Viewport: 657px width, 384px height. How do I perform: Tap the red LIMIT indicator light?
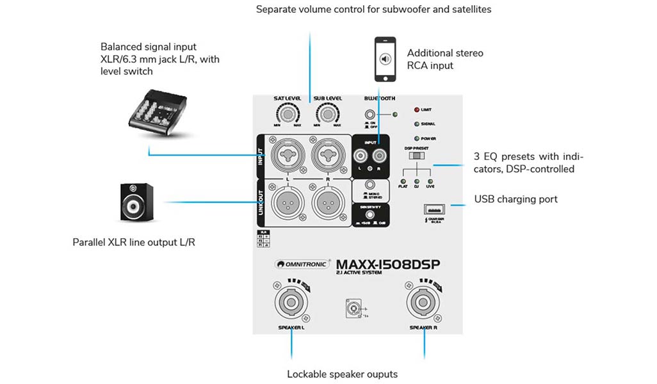(417, 110)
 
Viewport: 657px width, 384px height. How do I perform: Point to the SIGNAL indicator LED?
(417, 124)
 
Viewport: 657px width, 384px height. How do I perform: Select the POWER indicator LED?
(417, 138)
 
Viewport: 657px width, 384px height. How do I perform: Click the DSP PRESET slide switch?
(418, 156)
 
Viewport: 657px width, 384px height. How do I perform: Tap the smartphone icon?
(385, 60)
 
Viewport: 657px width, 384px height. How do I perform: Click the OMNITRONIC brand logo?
(302, 263)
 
